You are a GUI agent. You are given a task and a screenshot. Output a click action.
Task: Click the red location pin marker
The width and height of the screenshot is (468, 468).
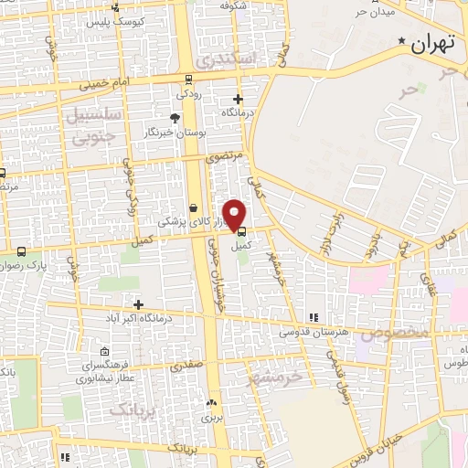(x=235, y=215)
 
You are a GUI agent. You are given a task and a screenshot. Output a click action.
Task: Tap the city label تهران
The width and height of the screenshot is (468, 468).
(x=433, y=42)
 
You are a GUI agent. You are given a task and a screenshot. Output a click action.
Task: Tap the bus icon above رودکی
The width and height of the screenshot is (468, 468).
(x=188, y=79)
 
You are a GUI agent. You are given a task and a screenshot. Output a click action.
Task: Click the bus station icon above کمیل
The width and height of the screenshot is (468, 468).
(x=240, y=231)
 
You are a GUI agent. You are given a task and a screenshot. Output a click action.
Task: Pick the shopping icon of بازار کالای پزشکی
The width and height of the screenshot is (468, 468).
(x=193, y=207)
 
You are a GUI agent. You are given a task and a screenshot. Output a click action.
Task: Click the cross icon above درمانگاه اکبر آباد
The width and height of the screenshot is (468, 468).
(x=138, y=304)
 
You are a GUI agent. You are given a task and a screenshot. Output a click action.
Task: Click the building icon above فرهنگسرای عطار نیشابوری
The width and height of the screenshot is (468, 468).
(x=106, y=351)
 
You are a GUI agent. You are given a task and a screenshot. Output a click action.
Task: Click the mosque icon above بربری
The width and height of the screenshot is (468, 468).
(x=212, y=402)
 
